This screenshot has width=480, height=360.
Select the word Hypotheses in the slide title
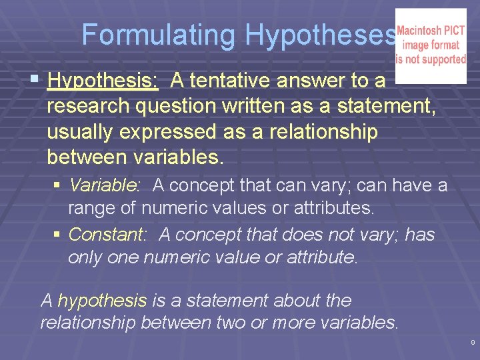tap(320, 35)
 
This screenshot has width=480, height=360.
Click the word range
tap(95, 209)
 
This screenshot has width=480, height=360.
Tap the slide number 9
tap(473, 342)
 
